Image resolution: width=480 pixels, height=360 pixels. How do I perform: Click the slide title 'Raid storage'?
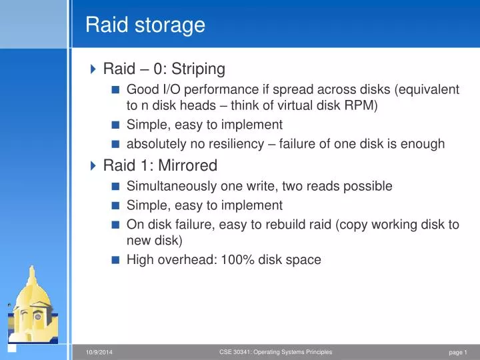[x=145, y=25]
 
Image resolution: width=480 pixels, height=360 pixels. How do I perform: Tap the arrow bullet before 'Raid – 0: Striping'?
[x=93, y=69]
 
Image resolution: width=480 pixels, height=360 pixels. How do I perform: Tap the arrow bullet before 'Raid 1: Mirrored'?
[x=93, y=165]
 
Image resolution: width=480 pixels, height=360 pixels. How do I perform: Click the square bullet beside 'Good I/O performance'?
[x=116, y=89]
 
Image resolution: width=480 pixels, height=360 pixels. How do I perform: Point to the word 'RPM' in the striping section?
[x=361, y=105]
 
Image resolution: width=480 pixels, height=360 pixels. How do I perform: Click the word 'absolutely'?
[x=156, y=144]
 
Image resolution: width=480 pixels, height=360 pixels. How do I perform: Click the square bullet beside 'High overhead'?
[x=116, y=260]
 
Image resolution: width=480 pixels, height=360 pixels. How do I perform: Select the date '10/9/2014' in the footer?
[x=99, y=352]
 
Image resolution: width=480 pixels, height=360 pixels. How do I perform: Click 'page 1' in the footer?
[x=458, y=352]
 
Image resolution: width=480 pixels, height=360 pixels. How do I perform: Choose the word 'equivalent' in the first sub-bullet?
[x=427, y=89]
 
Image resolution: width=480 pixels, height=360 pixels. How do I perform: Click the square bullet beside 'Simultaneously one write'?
[x=116, y=186]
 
